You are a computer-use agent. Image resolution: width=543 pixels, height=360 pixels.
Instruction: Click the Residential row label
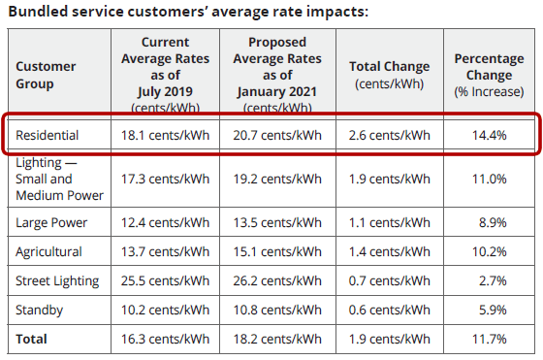click(x=48, y=135)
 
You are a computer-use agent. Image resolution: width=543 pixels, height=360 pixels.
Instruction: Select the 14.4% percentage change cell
click(x=490, y=135)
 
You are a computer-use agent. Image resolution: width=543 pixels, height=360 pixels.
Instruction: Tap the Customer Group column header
click(x=46, y=75)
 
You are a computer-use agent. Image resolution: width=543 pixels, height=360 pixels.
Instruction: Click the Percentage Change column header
click(x=489, y=67)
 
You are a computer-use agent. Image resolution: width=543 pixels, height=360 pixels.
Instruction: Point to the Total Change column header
click(x=389, y=74)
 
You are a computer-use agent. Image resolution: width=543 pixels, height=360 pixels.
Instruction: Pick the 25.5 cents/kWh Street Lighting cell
click(x=164, y=280)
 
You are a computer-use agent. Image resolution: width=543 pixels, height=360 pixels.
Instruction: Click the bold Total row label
click(x=32, y=340)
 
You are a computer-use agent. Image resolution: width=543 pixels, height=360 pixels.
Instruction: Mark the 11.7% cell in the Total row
click(x=490, y=340)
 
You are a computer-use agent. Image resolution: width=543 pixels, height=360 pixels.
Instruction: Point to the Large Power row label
click(x=51, y=222)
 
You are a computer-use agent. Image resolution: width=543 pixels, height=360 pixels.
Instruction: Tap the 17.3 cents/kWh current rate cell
click(x=164, y=179)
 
